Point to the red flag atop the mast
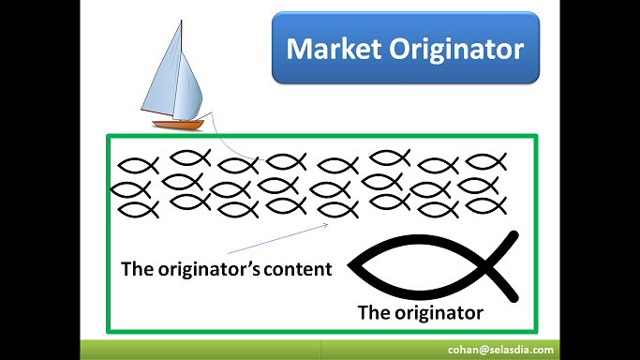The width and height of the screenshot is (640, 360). tap(180, 22)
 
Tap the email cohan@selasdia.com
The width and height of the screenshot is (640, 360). tap(499, 350)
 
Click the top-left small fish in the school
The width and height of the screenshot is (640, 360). tap(134, 165)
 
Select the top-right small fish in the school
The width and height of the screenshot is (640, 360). tap(484, 161)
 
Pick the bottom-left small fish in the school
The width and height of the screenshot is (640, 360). tap(137, 209)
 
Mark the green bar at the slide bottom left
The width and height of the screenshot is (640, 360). tap(187, 350)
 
